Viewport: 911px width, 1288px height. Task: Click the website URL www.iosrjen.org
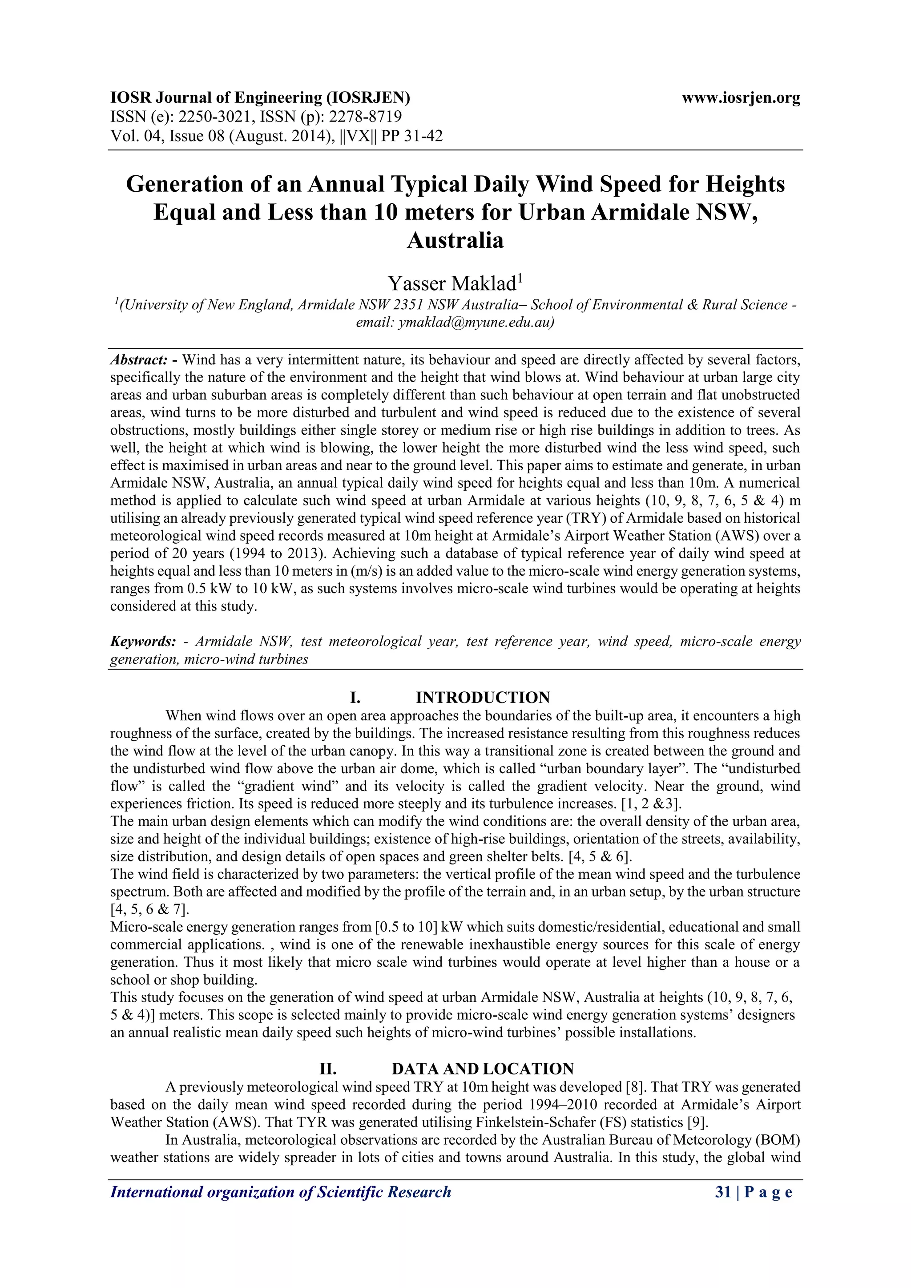[741, 98]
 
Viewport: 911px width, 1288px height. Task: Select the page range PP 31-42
[412, 136]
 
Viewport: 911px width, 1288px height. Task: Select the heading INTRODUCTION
[483, 697]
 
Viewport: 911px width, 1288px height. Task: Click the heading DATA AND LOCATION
[483, 1069]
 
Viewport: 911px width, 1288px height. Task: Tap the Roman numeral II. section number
[327, 1069]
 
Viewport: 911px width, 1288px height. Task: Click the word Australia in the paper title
[455, 241]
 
